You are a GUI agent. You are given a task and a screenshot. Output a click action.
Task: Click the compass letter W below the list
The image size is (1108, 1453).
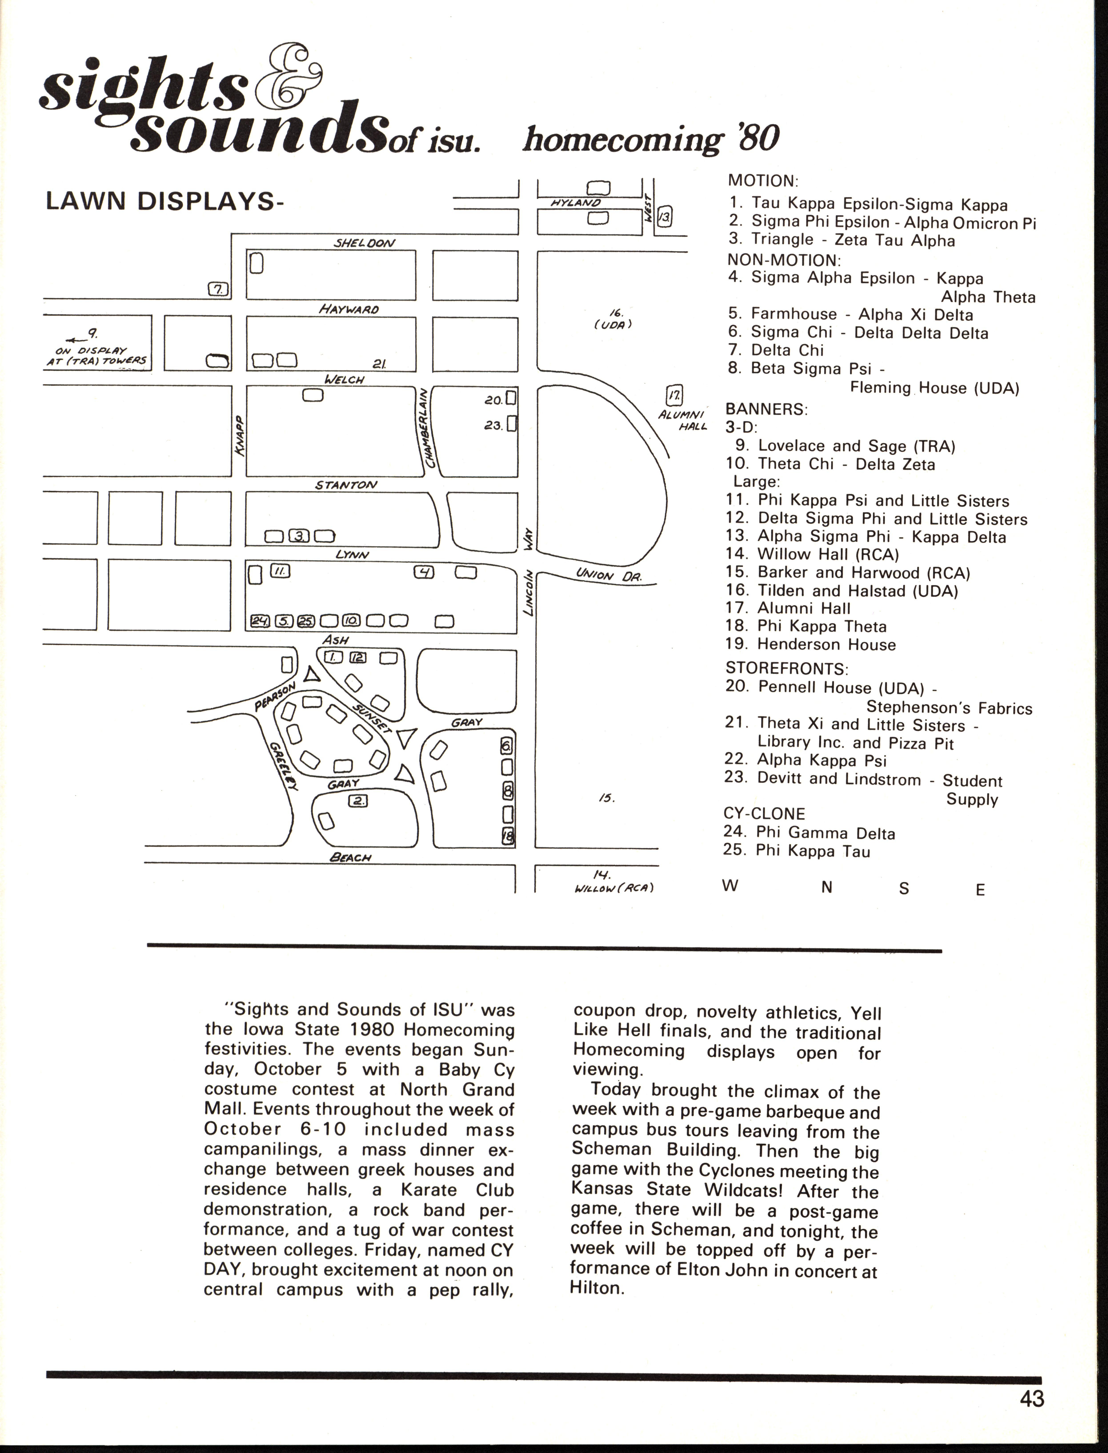coord(730,886)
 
